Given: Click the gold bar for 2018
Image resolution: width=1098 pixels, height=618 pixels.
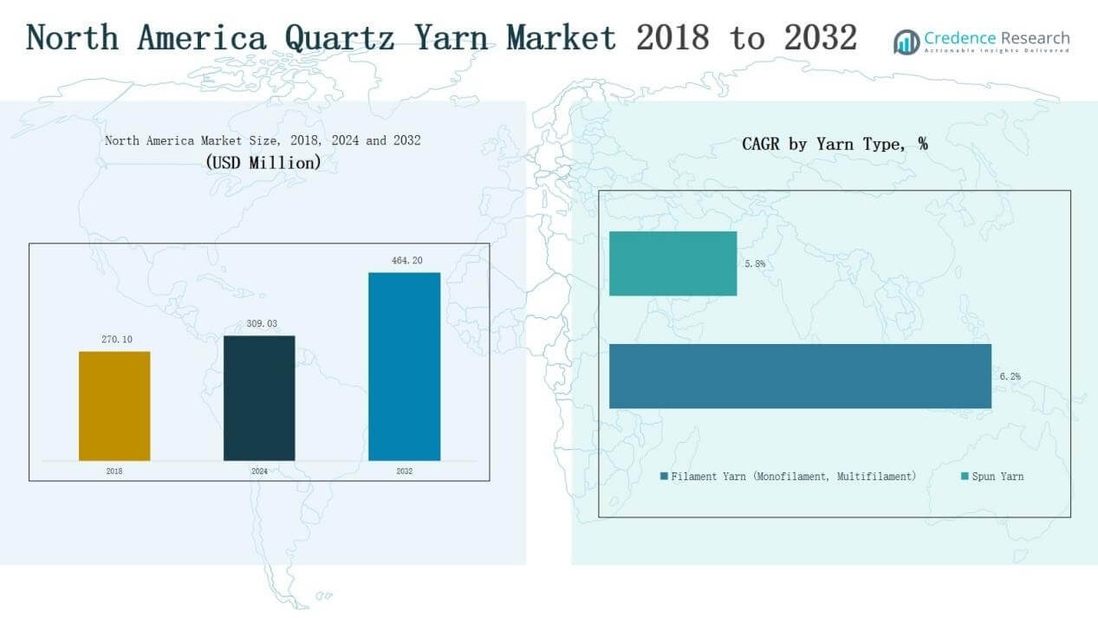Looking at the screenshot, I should coord(114,406).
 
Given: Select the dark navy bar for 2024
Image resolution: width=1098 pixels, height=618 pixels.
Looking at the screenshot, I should coord(259,398).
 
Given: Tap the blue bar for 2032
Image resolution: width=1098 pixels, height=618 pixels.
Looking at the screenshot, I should coord(404,366).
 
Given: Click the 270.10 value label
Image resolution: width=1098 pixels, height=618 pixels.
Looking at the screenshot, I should coord(115,339).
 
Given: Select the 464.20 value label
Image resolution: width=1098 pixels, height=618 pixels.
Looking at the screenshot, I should coord(405,260).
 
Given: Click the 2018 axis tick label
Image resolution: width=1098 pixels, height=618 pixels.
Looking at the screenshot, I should coord(114,472).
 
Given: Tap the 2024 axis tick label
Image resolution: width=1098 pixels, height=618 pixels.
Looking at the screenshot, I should coord(259,472).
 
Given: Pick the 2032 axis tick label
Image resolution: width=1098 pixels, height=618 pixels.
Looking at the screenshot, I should coord(404,472).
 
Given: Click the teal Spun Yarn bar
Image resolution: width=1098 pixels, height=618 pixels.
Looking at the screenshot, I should coord(672,263).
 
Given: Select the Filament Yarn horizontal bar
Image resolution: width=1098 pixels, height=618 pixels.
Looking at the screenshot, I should coord(800,376).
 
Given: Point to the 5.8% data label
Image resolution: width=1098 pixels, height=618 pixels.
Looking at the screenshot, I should coord(754,263).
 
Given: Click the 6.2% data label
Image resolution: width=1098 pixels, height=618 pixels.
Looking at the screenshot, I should coord(1009,376).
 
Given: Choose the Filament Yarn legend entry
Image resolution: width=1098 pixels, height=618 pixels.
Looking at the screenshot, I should coord(788,476).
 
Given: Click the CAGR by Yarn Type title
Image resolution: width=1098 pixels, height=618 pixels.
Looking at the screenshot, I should coord(834,145).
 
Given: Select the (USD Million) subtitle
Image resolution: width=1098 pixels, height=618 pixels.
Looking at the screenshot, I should coord(263,162).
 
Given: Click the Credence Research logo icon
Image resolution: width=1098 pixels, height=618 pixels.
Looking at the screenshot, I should coord(906,42).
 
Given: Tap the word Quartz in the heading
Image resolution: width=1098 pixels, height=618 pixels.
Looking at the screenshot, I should coord(345,38).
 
